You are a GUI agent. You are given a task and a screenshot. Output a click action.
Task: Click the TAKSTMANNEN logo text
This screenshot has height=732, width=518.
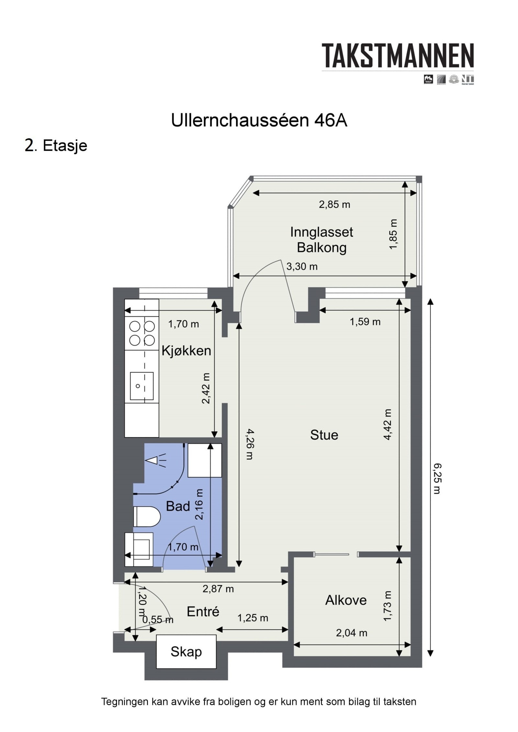397,56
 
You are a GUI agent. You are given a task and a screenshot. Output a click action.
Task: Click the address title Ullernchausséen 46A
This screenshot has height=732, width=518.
259,121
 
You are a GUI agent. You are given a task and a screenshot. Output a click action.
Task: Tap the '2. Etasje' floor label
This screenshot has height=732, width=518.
56,145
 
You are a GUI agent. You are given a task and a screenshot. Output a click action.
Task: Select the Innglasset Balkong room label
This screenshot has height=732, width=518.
321,240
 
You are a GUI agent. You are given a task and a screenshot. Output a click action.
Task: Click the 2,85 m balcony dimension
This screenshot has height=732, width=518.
334,205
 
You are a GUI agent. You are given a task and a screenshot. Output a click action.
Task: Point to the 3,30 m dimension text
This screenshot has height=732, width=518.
302,266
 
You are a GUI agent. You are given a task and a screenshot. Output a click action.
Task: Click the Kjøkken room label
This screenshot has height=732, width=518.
186,351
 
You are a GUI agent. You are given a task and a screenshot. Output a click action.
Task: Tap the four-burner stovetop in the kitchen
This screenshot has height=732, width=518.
141,333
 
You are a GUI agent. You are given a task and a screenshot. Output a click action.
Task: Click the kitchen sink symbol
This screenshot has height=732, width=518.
141,386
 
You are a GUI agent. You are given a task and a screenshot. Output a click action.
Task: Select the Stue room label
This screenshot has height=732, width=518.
324,435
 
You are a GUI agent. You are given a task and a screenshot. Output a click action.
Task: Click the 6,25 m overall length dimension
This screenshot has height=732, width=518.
437,479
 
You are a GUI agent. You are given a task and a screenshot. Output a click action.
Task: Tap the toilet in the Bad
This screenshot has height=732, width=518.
146,516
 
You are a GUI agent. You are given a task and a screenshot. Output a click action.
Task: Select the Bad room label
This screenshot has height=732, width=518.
178,506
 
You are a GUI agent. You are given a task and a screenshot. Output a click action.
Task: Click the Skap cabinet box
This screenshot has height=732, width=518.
186,651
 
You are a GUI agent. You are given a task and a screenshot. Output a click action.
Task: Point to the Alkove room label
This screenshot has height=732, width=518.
346,600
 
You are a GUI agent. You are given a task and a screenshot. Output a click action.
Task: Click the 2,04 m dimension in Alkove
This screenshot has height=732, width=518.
351,633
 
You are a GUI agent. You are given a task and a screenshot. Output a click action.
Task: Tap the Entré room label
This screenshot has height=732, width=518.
203,611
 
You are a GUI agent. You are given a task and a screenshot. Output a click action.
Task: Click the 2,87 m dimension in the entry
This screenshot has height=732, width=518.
218,589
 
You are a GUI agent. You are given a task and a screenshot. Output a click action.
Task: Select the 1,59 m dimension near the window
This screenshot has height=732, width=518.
365,322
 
